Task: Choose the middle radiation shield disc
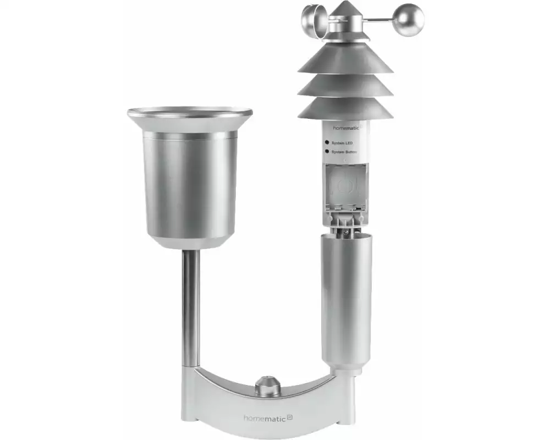click(x=345, y=86)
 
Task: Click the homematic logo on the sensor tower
click(x=346, y=128)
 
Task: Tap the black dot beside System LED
click(x=327, y=142)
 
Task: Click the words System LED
click(x=342, y=143)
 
